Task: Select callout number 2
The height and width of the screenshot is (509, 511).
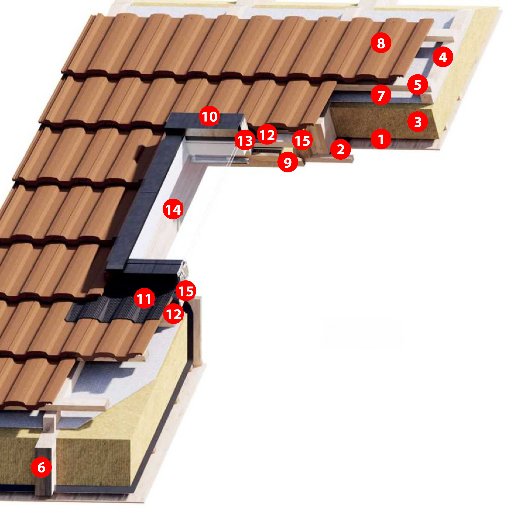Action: point(340,149)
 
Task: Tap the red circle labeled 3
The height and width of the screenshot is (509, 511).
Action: point(418,122)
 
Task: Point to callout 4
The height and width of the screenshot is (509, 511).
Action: point(443,57)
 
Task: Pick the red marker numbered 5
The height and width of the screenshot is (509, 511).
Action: point(418,85)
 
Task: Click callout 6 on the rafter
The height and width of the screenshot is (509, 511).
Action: point(41,467)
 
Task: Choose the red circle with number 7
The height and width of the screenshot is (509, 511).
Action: point(381,95)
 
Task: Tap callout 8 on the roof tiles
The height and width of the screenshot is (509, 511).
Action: point(381,43)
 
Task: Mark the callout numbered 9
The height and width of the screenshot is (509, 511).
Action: point(288,162)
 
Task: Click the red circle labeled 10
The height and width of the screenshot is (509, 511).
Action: point(209,116)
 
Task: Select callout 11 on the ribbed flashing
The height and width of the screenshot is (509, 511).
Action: point(144,298)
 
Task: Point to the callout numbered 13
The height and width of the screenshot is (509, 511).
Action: point(245,140)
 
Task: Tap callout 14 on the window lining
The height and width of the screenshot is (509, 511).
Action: point(173,209)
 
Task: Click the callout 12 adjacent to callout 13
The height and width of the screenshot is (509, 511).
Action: point(267,134)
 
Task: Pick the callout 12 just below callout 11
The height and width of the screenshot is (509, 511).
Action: point(174,314)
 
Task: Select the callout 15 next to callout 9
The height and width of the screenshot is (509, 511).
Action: point(302,140)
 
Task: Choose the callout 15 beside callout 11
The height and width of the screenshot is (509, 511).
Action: point(186,291)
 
